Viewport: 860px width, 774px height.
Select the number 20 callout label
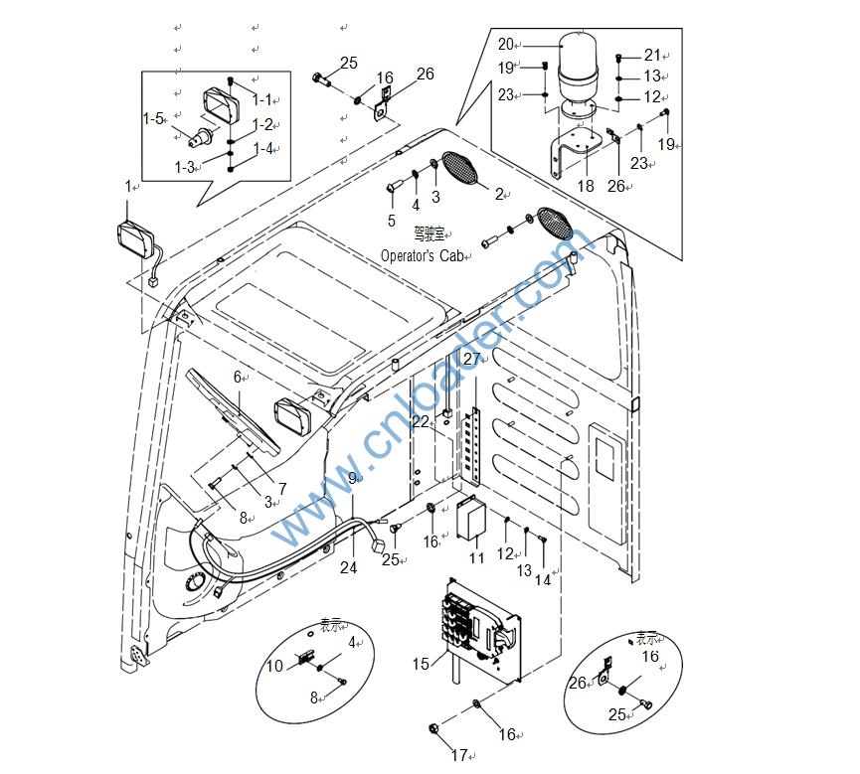pos(506,44)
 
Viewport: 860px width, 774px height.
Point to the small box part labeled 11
pos(471,522)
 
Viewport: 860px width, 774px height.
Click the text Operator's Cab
pos(423,255)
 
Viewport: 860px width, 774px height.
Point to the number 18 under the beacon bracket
pos(586,186)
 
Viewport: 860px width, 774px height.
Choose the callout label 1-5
pos(152,118)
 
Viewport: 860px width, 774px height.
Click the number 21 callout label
pos(652,55)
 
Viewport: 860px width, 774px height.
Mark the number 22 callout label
pos(421,421)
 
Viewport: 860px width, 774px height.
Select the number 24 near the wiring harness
pos(348,567)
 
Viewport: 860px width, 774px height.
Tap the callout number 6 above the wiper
pos(238,377)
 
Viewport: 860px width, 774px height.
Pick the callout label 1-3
pos(184,167)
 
